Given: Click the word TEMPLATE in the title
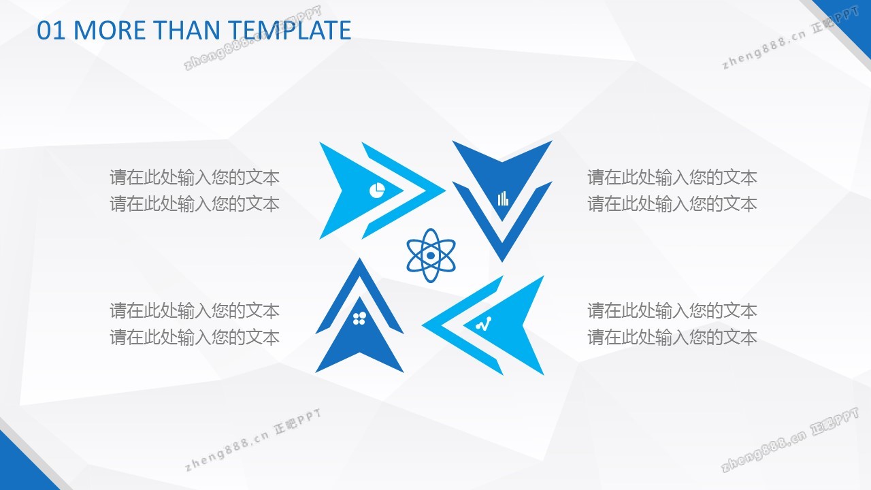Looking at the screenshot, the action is (289, 31).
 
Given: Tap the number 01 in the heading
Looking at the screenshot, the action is (51, 31).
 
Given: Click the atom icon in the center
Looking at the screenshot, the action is (431, 255).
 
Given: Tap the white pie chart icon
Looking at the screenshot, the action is (377, 190).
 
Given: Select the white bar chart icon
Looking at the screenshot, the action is (503, 198).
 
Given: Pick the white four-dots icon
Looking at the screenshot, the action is (359, 318).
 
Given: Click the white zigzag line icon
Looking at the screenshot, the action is (483, 324).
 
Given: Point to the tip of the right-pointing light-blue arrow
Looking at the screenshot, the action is (445, 191).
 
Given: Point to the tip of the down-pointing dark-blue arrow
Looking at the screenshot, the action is (502, 262).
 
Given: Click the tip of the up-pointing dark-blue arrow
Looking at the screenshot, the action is (359, 258).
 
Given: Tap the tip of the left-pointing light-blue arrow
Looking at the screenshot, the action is (423, 325).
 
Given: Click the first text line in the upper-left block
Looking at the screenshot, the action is (195, 178).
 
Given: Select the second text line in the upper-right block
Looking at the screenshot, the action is (672, 203).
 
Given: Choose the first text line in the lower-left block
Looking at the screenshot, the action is (195, 311).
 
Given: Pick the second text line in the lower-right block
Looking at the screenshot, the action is (672, 337).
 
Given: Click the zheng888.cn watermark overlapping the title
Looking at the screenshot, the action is (252, 38).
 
